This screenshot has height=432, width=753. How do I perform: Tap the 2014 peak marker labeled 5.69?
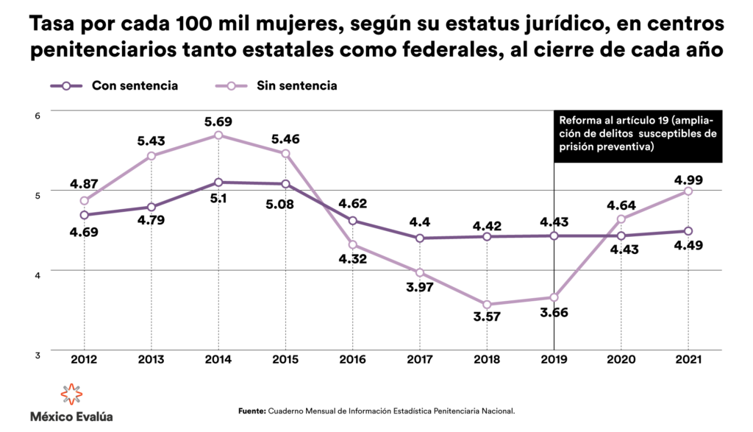click(x=218, y=135)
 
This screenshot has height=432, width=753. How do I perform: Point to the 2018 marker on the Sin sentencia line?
click(x=487, y=305)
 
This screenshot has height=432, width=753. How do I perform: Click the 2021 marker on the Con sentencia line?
click(x=688, y=231)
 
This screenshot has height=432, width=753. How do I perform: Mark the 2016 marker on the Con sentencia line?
click(x=352, y=221)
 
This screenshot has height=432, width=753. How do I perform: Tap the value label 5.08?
click(x=285, y=204)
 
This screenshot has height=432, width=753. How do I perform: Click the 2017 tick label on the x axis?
click(x=420, y=360)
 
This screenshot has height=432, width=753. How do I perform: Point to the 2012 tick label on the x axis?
click(x=85, y=360)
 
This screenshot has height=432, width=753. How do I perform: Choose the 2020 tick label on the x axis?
click(x=621, y=360)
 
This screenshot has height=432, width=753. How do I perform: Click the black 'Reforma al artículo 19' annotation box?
click(x=637, y=133)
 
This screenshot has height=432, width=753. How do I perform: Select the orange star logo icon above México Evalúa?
click(x=71, y=394)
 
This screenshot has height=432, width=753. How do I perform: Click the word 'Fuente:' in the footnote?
click(x=251, y=411)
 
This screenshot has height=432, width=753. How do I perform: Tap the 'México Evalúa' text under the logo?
click(x=71, y=417)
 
